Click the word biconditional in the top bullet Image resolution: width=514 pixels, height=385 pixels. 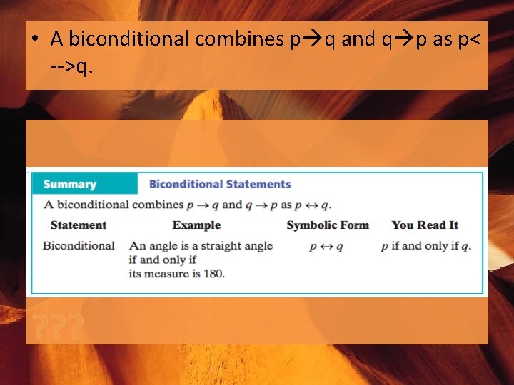click(x=129, y=39)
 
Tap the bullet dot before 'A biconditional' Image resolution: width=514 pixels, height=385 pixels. click(x=34, y=40)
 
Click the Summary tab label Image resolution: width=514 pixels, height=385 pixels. click(x=69, y=184)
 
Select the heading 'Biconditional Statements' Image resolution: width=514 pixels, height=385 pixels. click(x=220, y=184)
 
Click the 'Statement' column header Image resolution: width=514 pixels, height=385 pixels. click(x=79, y=225)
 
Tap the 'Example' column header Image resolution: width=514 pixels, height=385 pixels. click(x=196, y=225)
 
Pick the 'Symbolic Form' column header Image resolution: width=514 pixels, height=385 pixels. click(x=328, y=225)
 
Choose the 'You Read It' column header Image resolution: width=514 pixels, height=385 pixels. click(x=424, y=225)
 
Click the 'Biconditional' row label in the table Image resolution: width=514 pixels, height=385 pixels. click(x=79, y=246)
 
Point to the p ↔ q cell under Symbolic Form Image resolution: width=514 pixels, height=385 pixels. click(x=326, y=247)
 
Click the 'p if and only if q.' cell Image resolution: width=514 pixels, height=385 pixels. click(x=426, y=246)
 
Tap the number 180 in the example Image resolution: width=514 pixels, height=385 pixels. click(x=213, y=273)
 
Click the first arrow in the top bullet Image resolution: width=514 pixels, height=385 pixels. click(x=313, y=39)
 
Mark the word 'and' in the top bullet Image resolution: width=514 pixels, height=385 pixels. click(x=357, y=39)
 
